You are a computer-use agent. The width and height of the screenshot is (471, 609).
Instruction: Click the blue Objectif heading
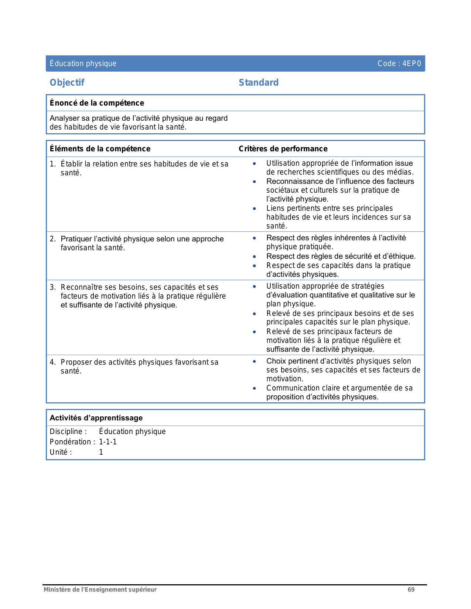click(x=67, y=83)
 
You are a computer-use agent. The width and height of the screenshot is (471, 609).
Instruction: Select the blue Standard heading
click(x=259, y=83)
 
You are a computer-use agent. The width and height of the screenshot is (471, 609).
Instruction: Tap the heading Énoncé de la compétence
click(x=97, y=103)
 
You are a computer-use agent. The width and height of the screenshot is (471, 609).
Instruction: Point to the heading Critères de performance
click(x=283, y=149)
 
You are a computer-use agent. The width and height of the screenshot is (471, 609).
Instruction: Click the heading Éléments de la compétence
click(x=100, y=149)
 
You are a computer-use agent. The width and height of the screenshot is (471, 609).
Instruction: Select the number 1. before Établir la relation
click(x=52, y=164)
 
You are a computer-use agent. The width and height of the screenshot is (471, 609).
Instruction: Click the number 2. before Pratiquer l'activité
click(x=52, y=239)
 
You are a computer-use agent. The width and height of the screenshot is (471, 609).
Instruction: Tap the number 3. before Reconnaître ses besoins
click(x=52, y=287)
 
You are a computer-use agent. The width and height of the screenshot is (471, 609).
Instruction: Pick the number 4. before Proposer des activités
click(x=52, y=362)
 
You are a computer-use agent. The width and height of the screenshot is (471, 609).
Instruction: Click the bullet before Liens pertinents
click(x=254, y=209)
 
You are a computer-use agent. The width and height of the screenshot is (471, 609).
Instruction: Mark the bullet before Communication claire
click(x=254, y=388)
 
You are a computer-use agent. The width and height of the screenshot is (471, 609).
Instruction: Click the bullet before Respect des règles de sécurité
click(x=254, y=257)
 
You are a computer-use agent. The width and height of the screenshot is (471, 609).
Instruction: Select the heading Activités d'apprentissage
click(x=96, y=418)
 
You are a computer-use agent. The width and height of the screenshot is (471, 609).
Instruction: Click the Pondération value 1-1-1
click(x=108, y=442)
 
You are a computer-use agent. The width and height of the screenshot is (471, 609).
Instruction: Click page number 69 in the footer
click(x=411, y=589)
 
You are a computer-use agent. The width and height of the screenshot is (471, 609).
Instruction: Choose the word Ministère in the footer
click(x=57, y=589)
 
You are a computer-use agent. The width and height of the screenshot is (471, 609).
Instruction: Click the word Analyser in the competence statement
click(x=65, y=118)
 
